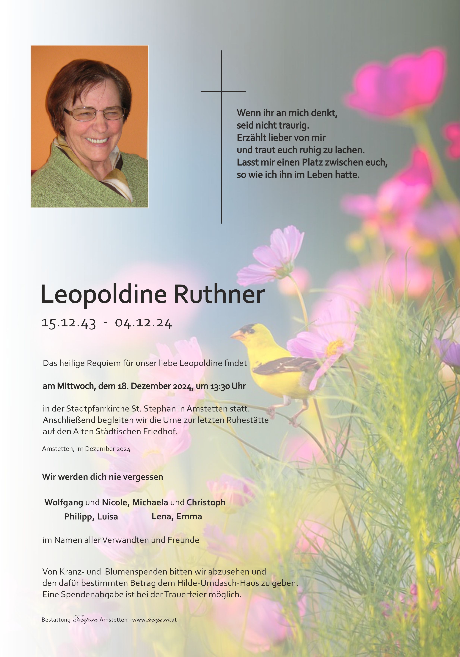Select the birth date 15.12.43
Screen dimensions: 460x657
(69, 323)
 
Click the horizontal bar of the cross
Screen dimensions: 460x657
(223, 91)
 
